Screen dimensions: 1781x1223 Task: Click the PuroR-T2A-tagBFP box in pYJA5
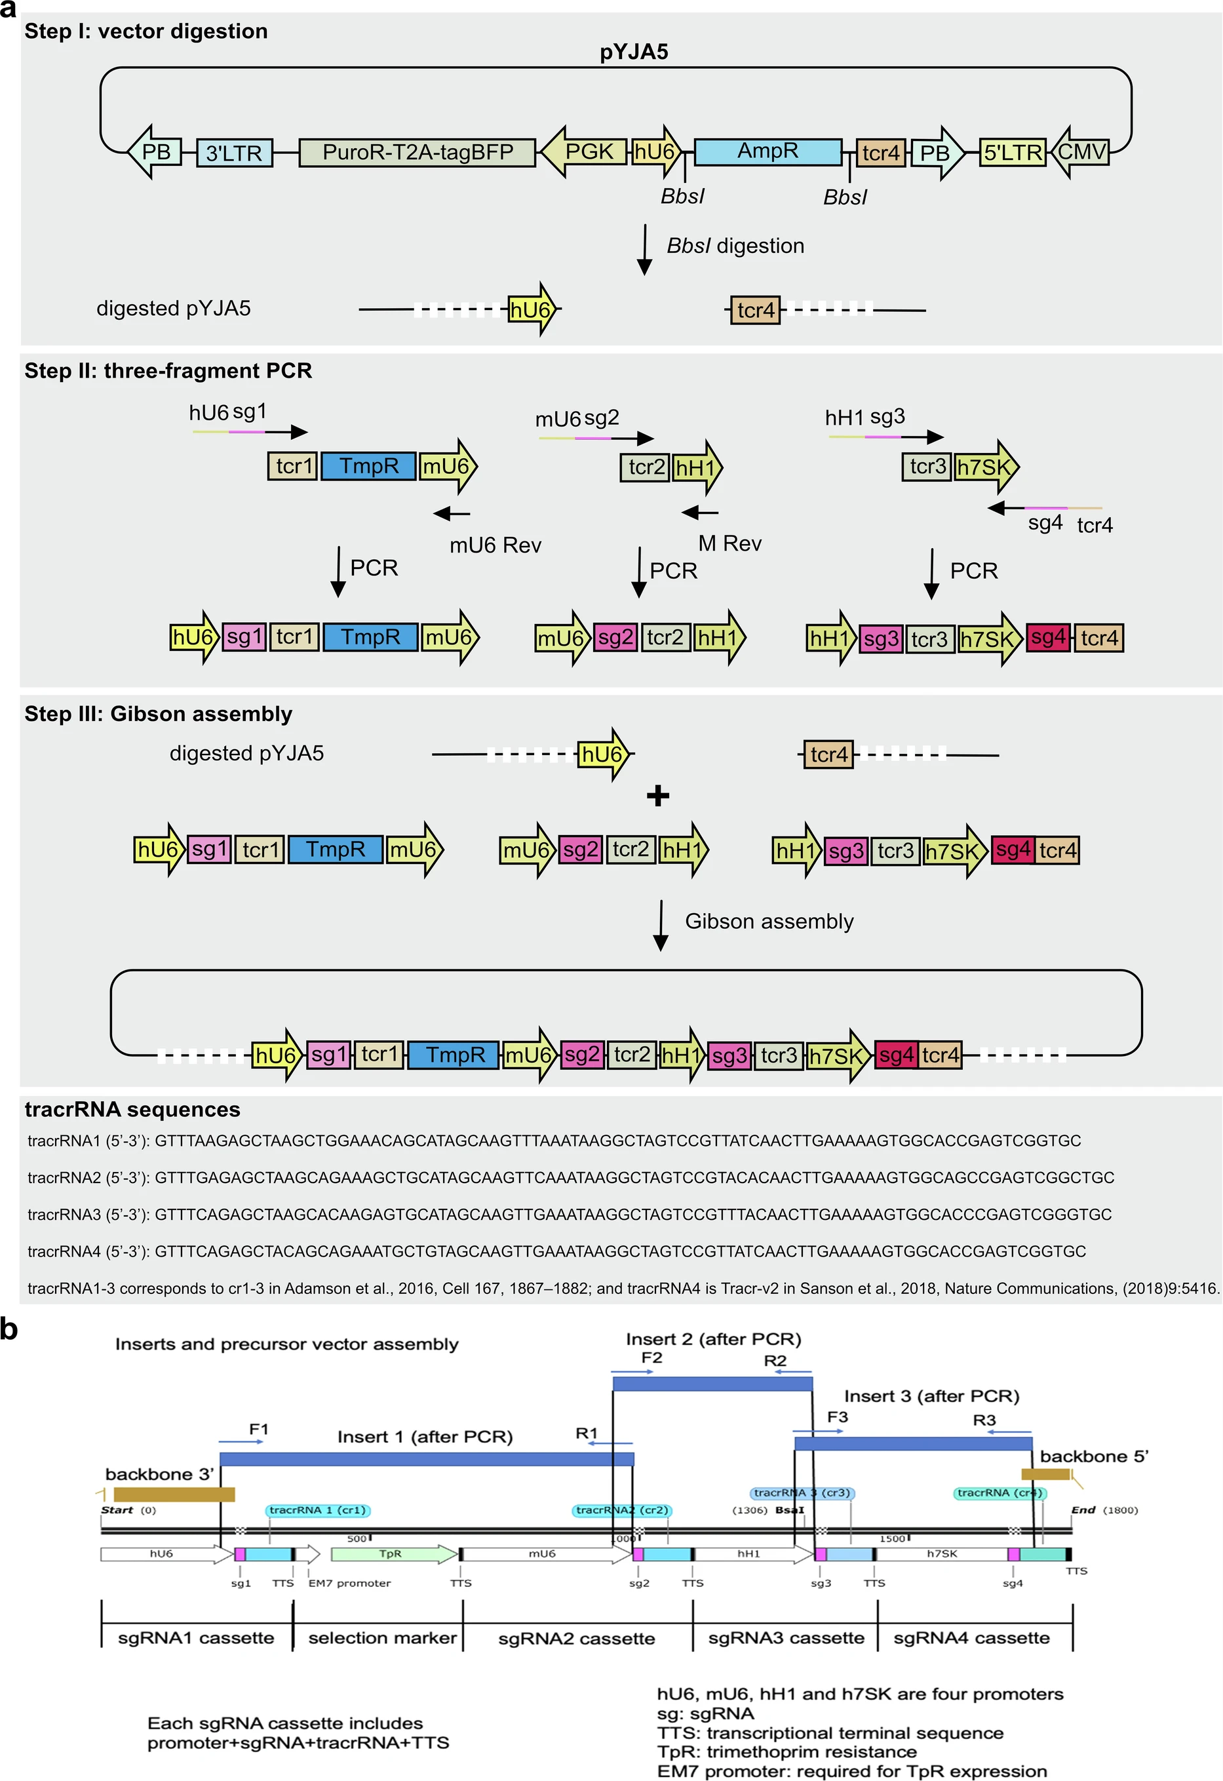417,151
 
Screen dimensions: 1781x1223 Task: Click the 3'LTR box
234,153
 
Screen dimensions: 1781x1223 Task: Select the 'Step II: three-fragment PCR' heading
168,371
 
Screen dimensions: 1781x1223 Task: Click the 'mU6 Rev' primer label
495,545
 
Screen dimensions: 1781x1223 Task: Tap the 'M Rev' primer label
729,543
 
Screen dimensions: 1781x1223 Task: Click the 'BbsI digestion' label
735,246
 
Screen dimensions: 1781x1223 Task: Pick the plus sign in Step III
657,796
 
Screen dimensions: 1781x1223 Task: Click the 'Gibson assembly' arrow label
769,921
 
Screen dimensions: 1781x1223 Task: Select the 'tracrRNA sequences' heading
132,1110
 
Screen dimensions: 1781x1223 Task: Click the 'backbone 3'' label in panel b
159,1474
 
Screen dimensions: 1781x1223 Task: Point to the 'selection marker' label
381,1637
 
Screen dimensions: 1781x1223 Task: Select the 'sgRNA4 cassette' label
971,1637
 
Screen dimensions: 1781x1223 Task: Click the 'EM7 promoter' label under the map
349,1583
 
